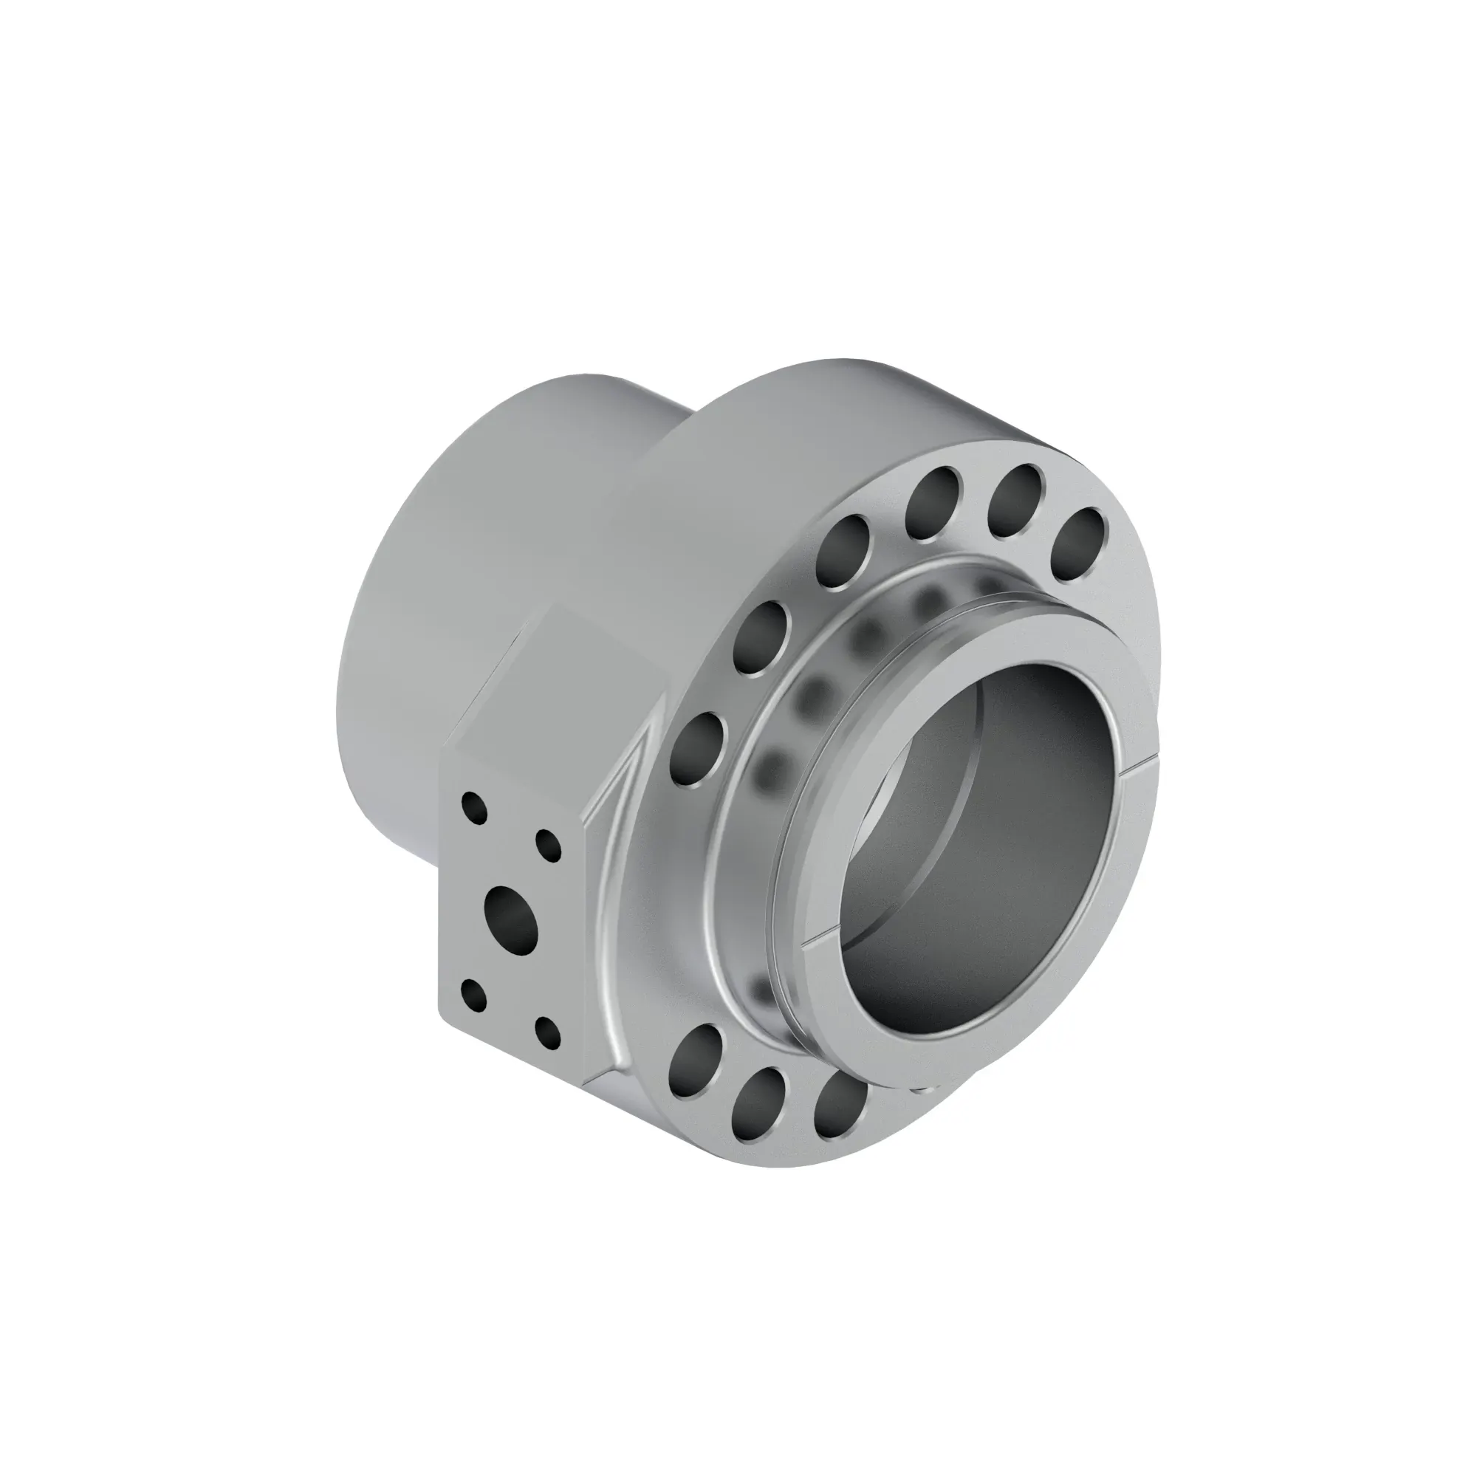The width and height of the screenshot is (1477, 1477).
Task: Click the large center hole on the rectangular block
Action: pyautogui.click(x=512, y=914)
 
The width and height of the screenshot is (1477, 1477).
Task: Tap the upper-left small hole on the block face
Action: pyautogui.click(x=475, y=808)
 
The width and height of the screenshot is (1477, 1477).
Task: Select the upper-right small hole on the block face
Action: pyautogui.click(x=548, y=846)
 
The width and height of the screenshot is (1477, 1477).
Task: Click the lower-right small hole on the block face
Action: pyautogui.click(x=548, y=1034)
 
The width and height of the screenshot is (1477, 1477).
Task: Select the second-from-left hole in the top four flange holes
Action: pyautogui.click(x=933, y=502)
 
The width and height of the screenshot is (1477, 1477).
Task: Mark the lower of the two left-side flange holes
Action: pyautogui.click(x=699, y=749)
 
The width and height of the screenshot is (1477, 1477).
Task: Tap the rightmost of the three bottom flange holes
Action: pyautogui.click(x=840, y=1103)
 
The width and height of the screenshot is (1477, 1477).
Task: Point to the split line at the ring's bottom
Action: pyautogui.click(x=826, y=934)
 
